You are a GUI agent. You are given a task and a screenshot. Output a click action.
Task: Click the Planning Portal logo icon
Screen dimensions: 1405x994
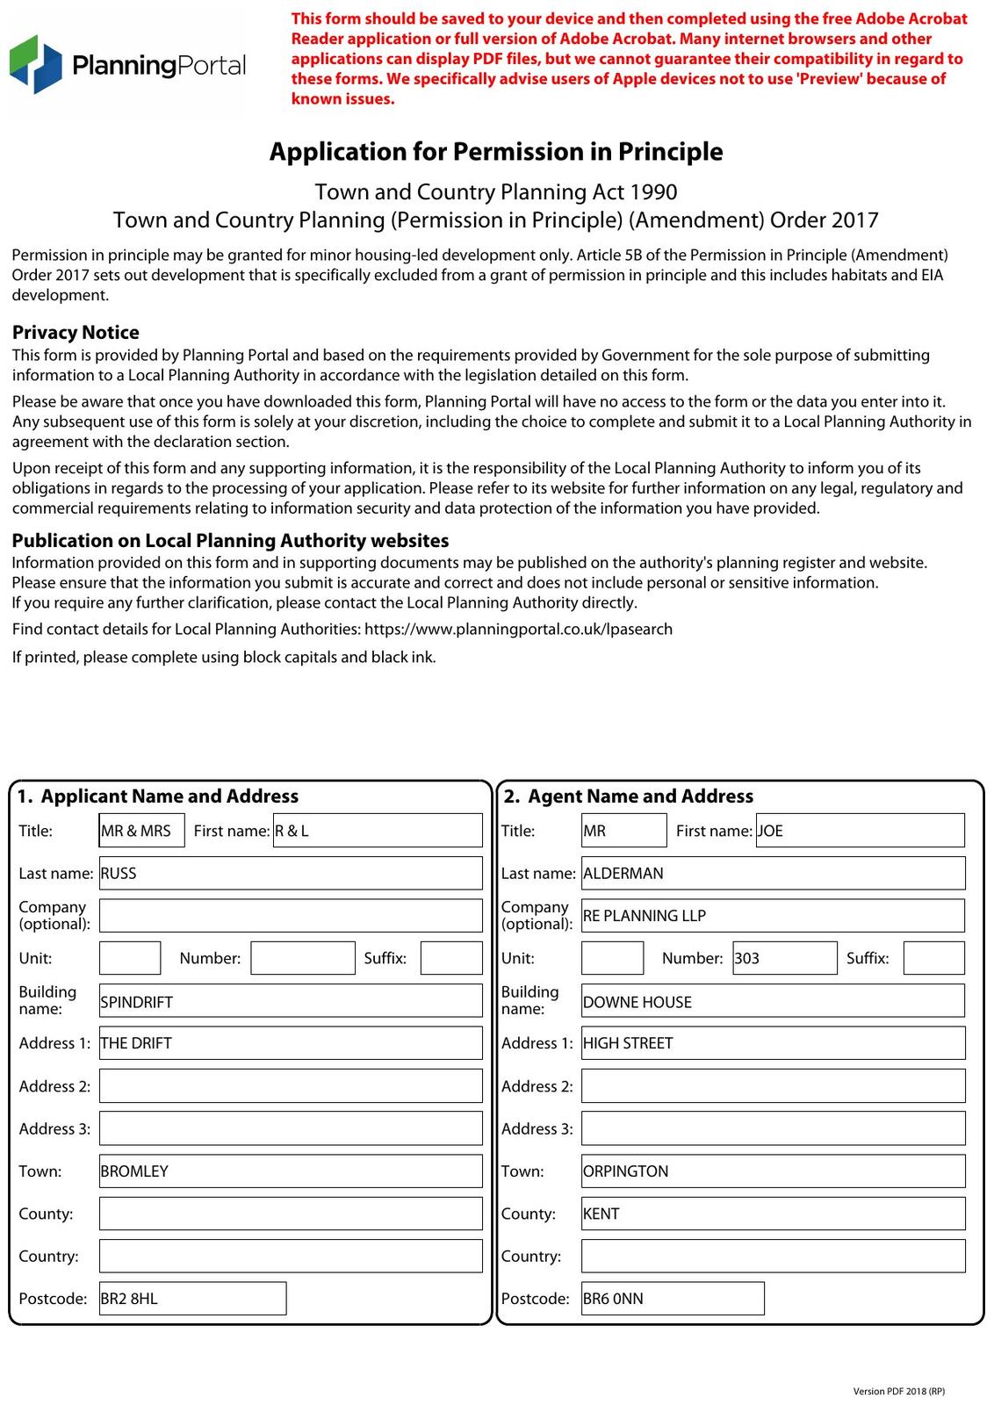pyautogui.click(x=36, y=64)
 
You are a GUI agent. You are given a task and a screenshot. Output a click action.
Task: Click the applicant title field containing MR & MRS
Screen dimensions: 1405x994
pyautogui.click(x=141, y=831)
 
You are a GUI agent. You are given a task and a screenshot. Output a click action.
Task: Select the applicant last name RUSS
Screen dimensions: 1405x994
pyautogui.click(x=290, y=873)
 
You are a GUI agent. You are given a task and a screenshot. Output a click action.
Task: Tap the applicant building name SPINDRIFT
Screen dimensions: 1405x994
pyautogui.click(x=290, y=1001)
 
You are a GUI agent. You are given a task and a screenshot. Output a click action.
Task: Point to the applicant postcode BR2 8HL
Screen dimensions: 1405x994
pyautogui.click(x=192, y=1298)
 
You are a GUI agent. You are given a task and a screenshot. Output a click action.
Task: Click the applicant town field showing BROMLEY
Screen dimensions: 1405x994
pyautogui.click(x=290, y=1171)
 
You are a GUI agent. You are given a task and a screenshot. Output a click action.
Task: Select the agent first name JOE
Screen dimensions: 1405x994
pyautogui.click(x=859, y=831)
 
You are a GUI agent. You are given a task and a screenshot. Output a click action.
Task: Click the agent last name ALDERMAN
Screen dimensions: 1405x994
pyautogui.click(x=773, y=873)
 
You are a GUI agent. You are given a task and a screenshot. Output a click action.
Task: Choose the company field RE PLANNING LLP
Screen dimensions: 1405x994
pyautogui.click(x=773, y=915)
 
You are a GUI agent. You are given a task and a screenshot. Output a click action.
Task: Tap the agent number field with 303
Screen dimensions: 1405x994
pyautogui.click(x=784, y=958)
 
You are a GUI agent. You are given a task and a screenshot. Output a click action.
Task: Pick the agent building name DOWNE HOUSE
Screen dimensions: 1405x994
pyautogui.click(x=773, y=1001)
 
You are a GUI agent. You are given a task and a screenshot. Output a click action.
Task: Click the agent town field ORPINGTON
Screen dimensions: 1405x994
pyautogui.click(x=773, y=1171)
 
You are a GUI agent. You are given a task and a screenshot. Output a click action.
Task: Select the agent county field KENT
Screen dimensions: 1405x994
pyautogui.click(x=773, y=1214)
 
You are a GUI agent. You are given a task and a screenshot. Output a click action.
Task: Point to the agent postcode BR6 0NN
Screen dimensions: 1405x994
pyautogui.click(x=672, y=1298)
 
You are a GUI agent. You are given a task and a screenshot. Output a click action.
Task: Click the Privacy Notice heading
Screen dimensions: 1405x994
pyautogui.click(x=76, y=333)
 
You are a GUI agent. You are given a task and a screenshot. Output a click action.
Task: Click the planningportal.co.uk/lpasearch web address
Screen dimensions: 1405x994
pyautogui.click(x=518, y=630)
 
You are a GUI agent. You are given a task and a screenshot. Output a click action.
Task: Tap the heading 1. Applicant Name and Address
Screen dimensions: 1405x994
pyautogui.click(x=158, y=796)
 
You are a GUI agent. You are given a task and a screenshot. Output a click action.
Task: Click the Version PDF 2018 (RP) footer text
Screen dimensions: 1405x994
pyautogui.click(x=898, y=1391)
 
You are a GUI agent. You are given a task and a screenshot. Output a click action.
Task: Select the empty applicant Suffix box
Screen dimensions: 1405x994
pyautogui.click(x=450, y=958)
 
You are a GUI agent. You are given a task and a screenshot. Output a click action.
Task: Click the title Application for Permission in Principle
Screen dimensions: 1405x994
pyautogui.click(x=496, y=152)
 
